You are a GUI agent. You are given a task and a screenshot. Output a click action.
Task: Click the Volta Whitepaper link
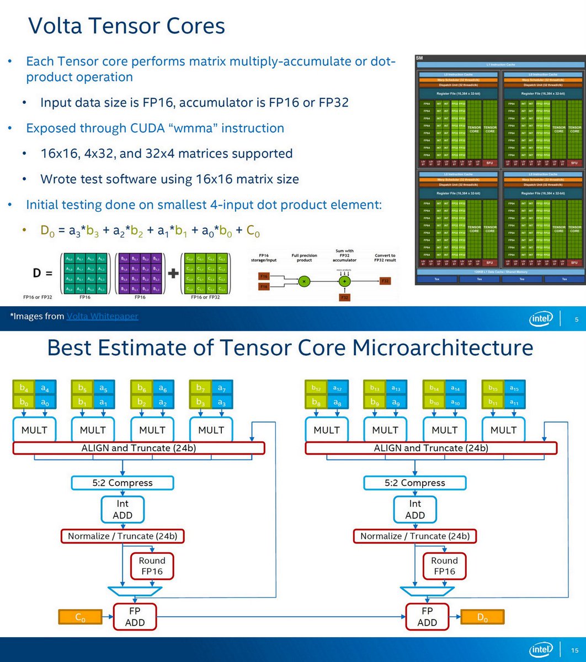[102, 316]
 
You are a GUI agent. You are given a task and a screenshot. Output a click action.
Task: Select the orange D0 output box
[482, 616]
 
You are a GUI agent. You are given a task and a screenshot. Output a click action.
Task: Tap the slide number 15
[576, 650]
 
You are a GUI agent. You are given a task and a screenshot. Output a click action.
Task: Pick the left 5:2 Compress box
[122, 483]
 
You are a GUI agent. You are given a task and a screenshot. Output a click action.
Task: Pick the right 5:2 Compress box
[415, 483]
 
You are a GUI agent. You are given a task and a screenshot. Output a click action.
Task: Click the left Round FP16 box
[152, 566]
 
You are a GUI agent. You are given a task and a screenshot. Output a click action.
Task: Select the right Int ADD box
[415, 509]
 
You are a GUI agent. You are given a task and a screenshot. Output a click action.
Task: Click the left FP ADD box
[135, 617]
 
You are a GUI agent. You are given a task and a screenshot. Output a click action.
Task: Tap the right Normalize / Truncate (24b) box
[415, 536]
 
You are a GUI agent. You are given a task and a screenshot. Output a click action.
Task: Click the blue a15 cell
[514, 388]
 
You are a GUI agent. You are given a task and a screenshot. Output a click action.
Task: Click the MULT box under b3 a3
[211, 429]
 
